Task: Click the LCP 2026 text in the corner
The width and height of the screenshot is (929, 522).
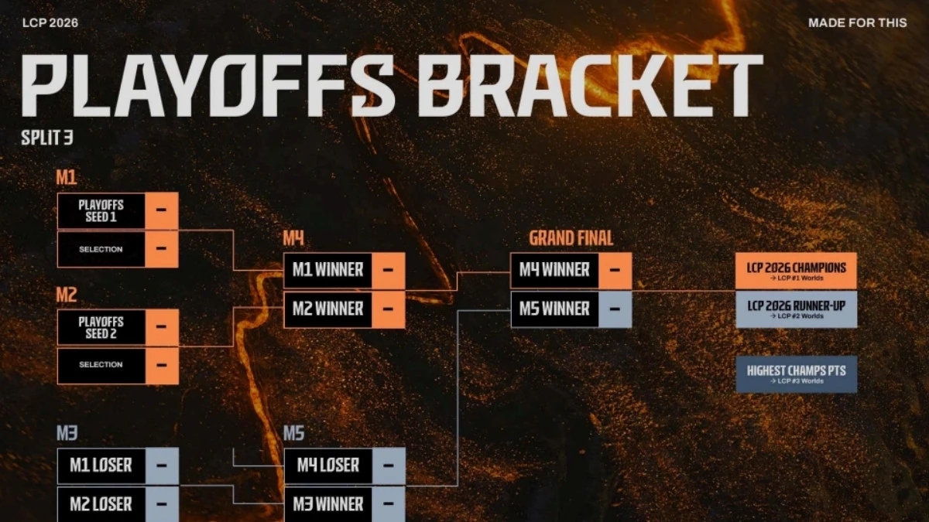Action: coord(50,22)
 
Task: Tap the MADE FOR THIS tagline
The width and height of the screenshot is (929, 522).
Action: coord(857,22)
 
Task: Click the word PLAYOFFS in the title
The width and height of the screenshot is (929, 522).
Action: coord(207,85)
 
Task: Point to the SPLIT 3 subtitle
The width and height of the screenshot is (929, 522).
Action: coord(47,140)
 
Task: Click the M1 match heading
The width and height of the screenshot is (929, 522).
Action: coord(67,178)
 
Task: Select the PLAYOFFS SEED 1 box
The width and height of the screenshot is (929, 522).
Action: coord(101,210)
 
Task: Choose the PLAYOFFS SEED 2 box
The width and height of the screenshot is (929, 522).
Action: coord(101,327)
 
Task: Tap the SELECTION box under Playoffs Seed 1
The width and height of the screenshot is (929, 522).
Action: coord(101,249)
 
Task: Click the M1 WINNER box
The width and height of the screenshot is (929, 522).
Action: coord(327,271)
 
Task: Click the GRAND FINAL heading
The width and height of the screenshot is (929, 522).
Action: coord(571,237)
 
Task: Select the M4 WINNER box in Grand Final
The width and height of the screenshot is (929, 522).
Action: coord(554,271)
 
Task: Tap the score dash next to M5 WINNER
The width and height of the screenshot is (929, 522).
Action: coord(615,309)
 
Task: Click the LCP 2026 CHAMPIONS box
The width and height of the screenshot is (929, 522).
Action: coord(796,271)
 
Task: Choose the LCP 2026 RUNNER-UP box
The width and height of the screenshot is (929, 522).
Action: coord(796,309)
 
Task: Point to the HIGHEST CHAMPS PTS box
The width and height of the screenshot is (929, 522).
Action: coord(796,374)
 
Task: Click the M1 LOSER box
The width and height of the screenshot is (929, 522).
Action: coord(101,466)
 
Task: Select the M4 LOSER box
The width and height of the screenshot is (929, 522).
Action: coord(327,466)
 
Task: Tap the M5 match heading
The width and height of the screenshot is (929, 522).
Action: coord(293,433)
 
